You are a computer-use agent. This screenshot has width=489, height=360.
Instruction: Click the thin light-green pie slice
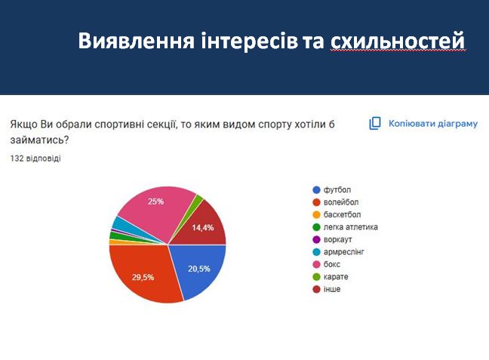click(198, 200)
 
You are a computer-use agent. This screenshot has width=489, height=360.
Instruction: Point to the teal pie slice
click(121, 224)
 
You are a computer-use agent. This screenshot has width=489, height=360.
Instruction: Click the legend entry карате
click(336, 276)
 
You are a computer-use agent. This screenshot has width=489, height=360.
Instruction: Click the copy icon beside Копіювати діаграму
click(375, 123)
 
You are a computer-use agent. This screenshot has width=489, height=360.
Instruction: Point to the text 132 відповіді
click(36, 158)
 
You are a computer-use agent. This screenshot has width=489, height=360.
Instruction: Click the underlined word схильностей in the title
click(397, 42)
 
